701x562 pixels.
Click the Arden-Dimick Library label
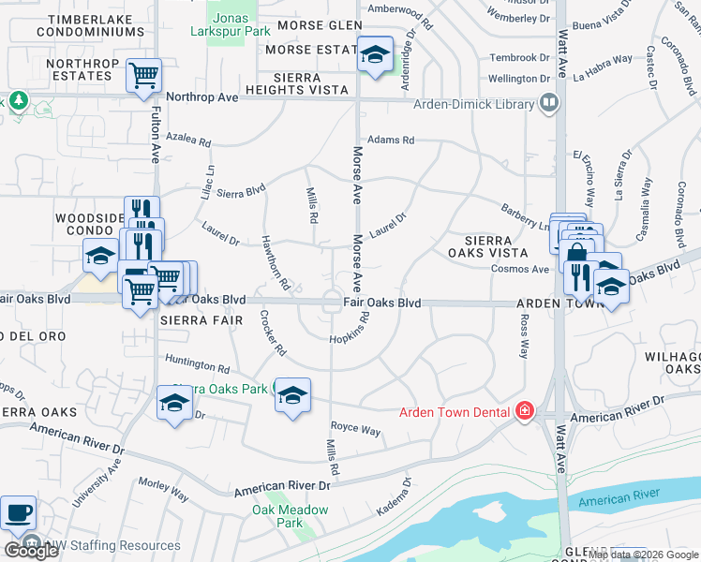[474, 105]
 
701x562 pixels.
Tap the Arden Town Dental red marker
[525, 411]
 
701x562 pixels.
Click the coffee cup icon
[19, 514]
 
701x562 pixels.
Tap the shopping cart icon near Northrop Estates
[143, 75]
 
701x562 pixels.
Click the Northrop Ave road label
[201, 96]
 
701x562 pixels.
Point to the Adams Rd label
[391, 140]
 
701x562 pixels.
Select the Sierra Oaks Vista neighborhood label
[488, 246]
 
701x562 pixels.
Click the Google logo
[31, 551]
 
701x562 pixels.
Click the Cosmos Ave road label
[520, 269]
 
